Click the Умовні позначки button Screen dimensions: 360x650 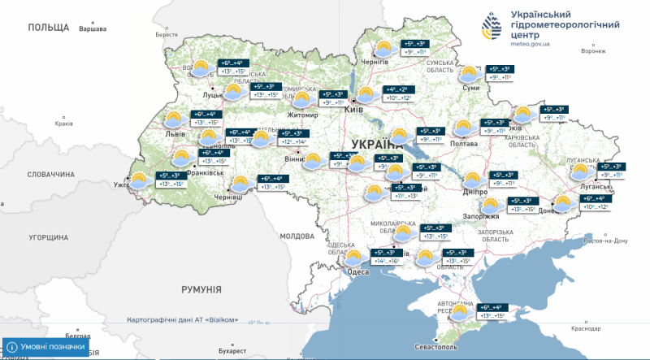[x=50, y=346]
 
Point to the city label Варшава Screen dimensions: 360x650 [x=92, y=29]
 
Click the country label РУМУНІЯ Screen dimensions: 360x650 [x=201, y=289]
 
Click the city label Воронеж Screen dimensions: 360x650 [x=594, y=50]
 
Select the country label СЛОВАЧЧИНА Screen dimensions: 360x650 [x=50, y=174]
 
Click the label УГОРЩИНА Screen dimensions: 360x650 [x=48, y=238]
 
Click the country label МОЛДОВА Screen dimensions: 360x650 [x=297, y=236]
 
